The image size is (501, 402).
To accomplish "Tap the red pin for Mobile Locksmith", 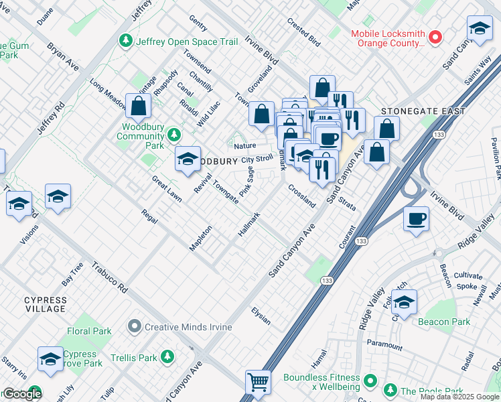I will (435, 37).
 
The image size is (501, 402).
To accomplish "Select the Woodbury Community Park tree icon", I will (174, 136).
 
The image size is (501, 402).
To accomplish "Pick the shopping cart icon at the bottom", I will (258, 383).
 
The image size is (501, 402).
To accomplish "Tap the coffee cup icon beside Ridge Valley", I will (416, 219).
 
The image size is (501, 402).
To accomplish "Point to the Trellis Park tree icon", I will (167, 356).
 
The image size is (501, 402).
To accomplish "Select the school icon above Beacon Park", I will (404, 304).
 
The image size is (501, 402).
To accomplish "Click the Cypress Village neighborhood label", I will (46, 304).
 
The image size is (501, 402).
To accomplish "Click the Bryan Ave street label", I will (62, 57).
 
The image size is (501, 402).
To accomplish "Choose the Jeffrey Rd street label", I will (51, 118).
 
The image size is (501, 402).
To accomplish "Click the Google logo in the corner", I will (22, 394).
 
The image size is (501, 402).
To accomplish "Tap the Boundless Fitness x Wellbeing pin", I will (370, 382).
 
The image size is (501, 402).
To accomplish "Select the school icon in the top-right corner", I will (479, 29).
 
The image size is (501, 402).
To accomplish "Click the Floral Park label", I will (89, 331).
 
